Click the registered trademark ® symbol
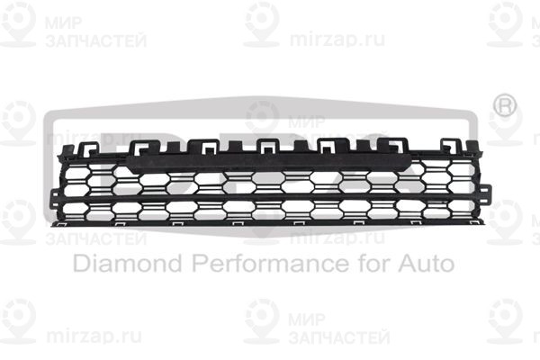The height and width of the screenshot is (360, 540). coord(507,105)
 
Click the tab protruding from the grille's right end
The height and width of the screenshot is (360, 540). coord(486,193)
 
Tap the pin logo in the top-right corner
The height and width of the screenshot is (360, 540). coord(505,22)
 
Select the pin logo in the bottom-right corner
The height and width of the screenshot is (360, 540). coord(505,319)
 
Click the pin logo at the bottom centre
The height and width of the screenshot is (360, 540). coord(262,319)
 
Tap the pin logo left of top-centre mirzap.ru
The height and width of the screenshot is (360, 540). coord(262,22)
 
